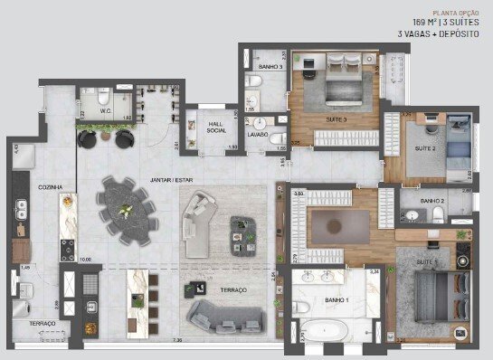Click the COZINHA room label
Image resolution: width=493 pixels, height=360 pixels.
coord(50,187)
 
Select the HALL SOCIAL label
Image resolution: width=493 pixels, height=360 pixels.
coord(215,128)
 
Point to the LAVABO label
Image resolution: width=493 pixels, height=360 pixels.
coord(258,136)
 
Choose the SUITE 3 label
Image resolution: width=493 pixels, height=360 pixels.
coord(335,119)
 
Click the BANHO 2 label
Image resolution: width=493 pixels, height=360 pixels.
coord(432,201)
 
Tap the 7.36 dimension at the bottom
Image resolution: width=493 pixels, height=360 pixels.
coord(177,340)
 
